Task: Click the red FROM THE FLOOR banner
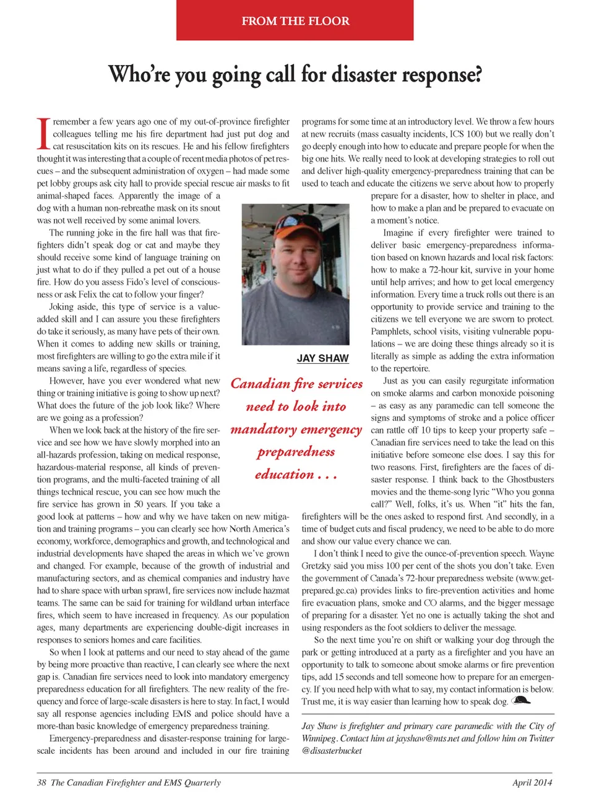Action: [295, 20]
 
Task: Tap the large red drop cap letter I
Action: [43, 134]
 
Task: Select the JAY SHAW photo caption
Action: [322, 358]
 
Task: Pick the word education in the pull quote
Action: [285, 474]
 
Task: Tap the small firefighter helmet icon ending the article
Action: [522, 700]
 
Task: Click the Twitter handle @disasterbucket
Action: [332, 751]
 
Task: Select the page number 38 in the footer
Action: [41, 782]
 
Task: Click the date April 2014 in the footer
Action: [532, 782]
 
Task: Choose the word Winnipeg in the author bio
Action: [319, 738]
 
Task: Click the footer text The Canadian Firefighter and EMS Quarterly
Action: [136, 782]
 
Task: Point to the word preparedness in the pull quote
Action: [296, 452]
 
